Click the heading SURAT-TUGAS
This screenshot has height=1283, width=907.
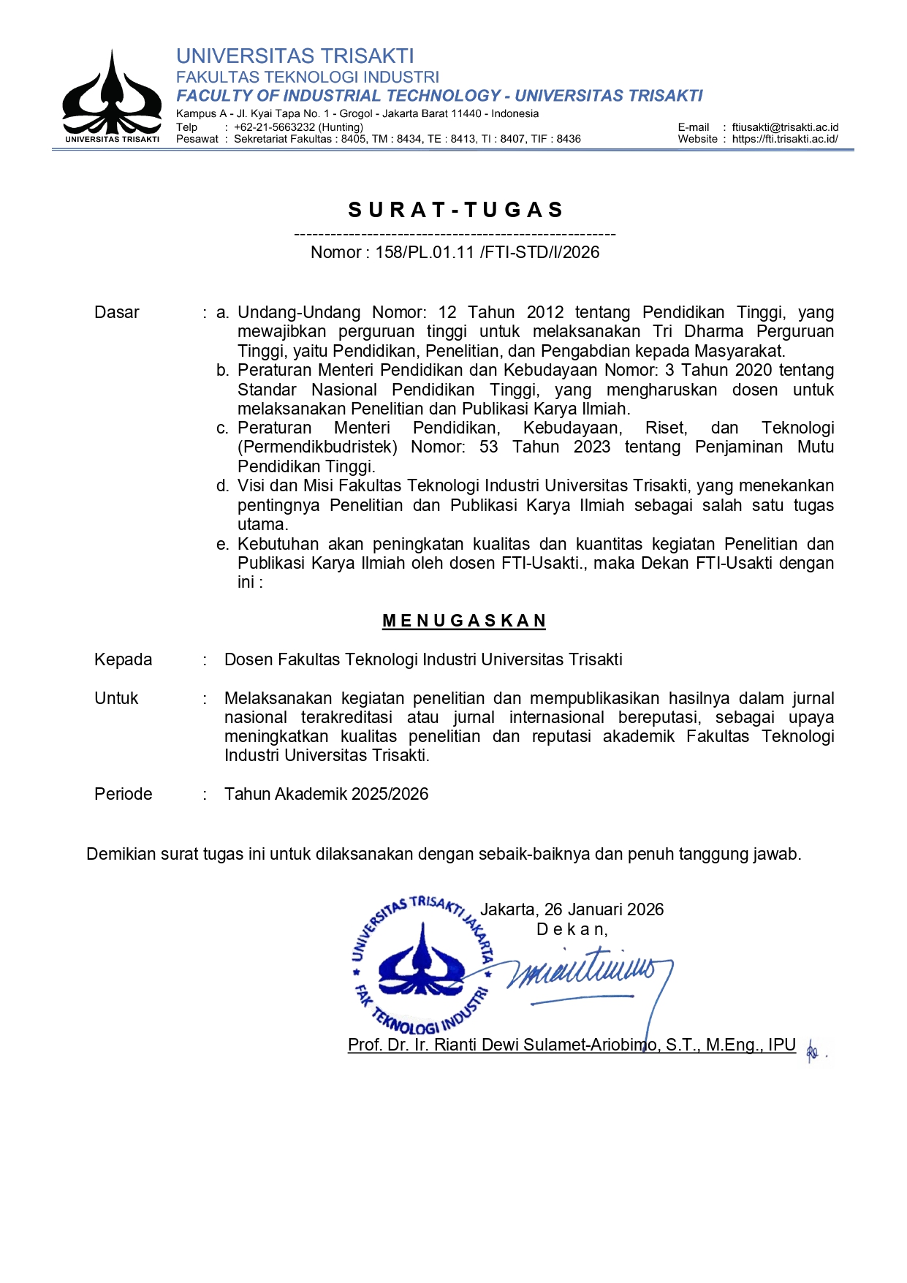pos(456,210)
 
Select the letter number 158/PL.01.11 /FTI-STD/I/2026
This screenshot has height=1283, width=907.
pos(487,252)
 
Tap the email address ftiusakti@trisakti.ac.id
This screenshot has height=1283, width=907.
pos(785,127)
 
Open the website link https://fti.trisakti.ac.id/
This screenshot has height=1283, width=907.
pos(785,139)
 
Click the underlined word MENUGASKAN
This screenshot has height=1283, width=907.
pos(464,621)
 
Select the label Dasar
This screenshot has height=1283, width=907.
pos(117,312)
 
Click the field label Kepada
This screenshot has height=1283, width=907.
pos(124,659)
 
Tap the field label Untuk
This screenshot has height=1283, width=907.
pos(116,698)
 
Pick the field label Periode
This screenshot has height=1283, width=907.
pos(124,794)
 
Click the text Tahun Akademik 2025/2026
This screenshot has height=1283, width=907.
pos(326,794)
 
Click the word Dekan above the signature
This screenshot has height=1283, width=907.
pos(571,929)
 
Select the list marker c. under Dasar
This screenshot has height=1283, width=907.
pos(223,428)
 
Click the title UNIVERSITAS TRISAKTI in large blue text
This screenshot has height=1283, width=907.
pos(295,56)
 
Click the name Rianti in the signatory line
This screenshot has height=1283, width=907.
pos(458,1045)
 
